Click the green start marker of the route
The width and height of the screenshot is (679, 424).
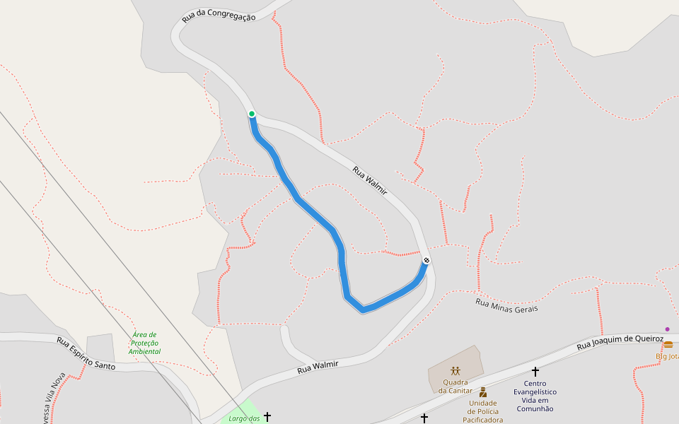[x=252, y=114]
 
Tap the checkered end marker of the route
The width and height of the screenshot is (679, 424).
[x=426, y=261]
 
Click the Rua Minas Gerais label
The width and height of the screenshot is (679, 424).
[x=506, y=306]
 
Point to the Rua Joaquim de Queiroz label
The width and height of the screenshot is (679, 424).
[x=620, y=342]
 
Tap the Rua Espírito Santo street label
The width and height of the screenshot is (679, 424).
[x=86, y=353]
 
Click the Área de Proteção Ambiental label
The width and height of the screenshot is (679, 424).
[x=144, y=343]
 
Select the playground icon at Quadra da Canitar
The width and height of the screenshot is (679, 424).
[x=455, y=370]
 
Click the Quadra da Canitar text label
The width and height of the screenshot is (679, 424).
[x=455, y=386]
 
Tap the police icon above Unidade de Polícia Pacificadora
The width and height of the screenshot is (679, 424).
[x=483, y=392]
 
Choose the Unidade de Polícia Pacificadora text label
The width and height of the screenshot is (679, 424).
[x=483, y=411]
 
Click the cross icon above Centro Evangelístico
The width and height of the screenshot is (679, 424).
[x=535, y=371]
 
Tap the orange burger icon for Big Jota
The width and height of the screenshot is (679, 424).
[x=668, y=345]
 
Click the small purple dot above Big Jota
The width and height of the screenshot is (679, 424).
[x=667, y=329]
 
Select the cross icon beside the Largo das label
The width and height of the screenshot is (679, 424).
[x=267, y=417]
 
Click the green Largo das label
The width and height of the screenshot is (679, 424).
[x=245, y=418]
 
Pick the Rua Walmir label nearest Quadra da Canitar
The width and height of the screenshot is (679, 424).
[x=318, y=367]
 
